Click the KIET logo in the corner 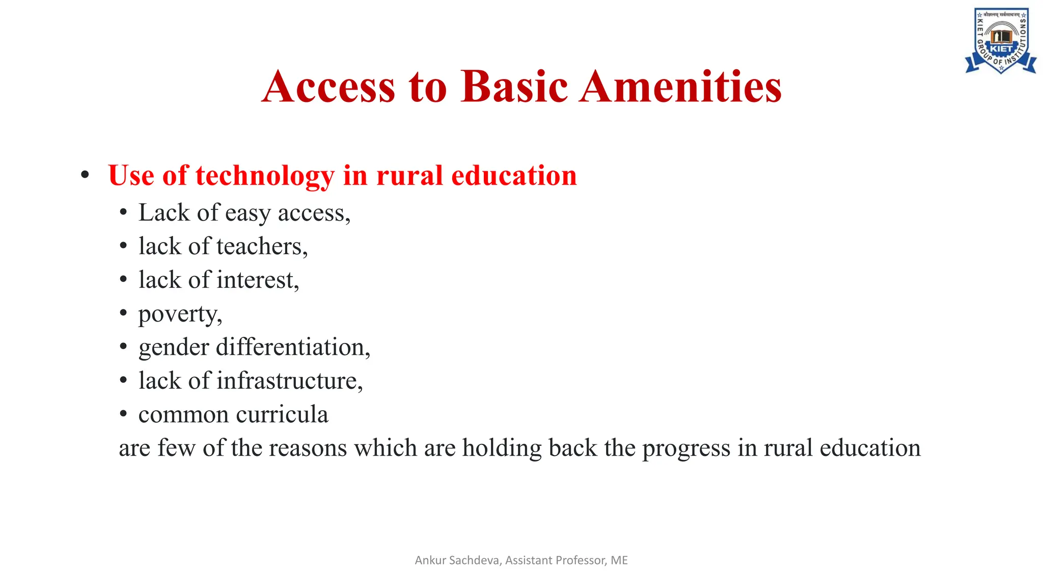pyautogui.click(x=1001, y=41)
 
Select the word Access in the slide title pyautogui.click(x=328, y=87)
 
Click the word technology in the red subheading pyautogui.click(x=265, y=176)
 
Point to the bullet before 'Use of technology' pyautogui.click(x=85, y=175)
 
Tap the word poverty pyautogui.click(x=180, y=314)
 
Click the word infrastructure pyautogui.click(x=289, y=381)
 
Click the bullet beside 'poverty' pyautogui.click(x=123, y=313)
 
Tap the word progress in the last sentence pyautogui.click(x=686, y=448)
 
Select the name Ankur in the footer pyautogui.click(x=431, y=561)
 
